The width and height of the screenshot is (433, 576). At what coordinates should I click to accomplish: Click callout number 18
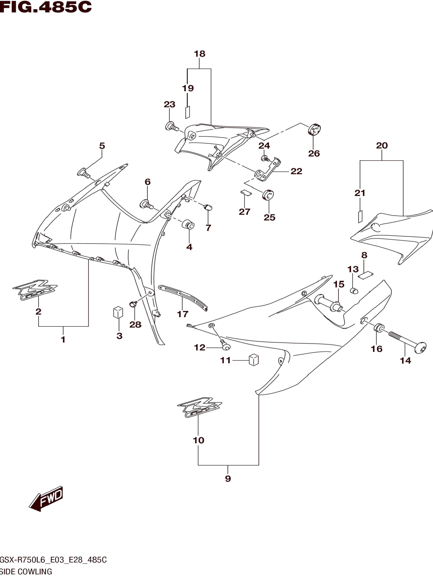click(200, 54)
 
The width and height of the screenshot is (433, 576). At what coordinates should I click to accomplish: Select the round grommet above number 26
click(314, 129)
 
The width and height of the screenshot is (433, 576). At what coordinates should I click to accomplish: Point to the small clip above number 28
click(133, 304)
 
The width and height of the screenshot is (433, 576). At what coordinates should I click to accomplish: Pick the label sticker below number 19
click(187, 112)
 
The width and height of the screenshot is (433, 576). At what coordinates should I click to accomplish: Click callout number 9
click(228, 478)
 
